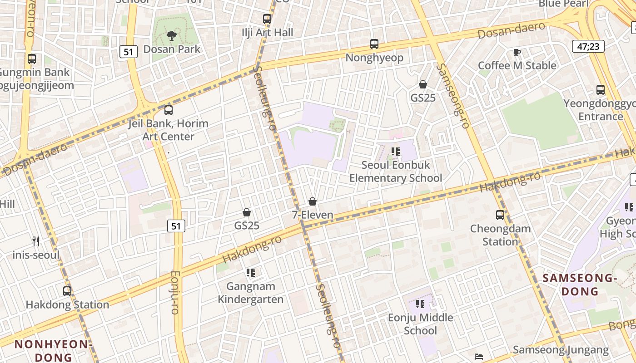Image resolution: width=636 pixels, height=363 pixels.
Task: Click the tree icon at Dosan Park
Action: (171, 35)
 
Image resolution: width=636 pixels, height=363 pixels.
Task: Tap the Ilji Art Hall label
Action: (268, 33)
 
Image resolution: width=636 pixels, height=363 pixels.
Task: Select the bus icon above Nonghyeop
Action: (374, 44)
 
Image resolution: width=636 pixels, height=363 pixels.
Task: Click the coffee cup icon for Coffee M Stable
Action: (517, 53)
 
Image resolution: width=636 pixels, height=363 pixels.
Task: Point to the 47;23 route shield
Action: (588, 46)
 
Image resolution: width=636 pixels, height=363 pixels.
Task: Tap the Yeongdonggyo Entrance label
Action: (600, 110)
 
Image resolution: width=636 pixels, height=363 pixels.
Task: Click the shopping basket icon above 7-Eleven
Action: (313, 201)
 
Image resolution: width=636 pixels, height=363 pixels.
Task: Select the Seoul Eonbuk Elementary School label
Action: (396, 172)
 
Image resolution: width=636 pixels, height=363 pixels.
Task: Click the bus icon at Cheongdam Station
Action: (500, 215)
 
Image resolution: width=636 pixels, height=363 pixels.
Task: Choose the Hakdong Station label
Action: (67, 304)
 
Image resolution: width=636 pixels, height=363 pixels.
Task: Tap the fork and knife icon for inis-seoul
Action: (36, 241)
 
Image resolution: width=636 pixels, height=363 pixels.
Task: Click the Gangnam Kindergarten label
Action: (250, 293)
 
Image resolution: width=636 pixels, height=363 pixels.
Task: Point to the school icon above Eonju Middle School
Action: (420, 304)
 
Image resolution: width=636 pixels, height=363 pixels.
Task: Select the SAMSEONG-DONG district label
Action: (580, 285)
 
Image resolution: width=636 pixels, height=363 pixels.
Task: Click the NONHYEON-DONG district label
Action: (54, 350)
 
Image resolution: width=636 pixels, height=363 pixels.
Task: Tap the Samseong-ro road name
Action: (452, 96)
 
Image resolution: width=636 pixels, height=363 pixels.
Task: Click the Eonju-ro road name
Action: (175, 292)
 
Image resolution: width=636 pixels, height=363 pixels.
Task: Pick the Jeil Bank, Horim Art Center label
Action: (168, 130)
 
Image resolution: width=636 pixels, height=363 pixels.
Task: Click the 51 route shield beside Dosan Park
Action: (129, 52)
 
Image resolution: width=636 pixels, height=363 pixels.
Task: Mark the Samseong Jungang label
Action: (561, 350)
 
